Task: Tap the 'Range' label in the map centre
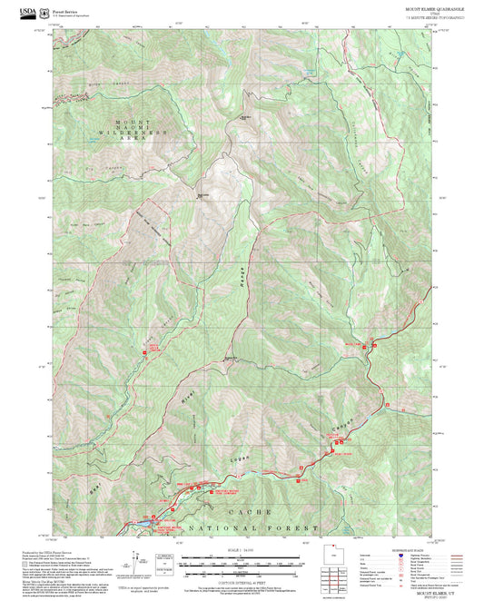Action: click(x=243, y=283)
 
